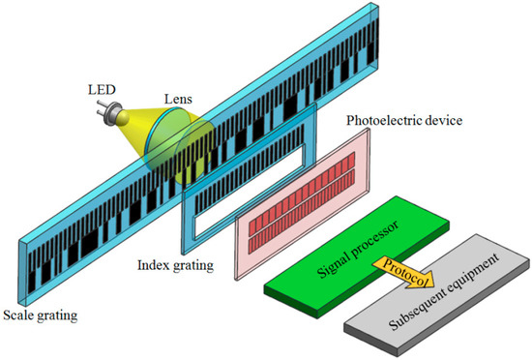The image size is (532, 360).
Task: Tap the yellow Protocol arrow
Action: point(405,264)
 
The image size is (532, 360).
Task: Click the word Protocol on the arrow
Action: point(403,262)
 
